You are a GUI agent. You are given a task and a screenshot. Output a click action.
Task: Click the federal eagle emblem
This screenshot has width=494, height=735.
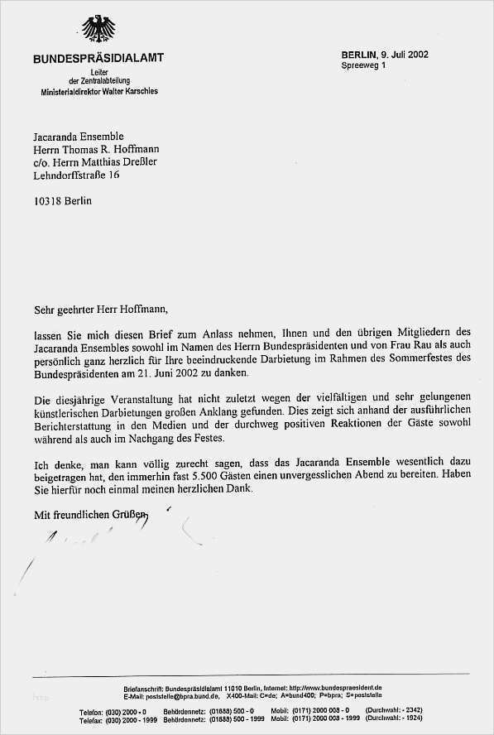click(x=98, y=31)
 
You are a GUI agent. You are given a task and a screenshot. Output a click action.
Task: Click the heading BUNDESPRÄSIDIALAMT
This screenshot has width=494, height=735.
click(x=98, y=58)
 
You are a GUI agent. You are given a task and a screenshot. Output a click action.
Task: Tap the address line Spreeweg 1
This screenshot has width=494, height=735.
click(x=363, y=65)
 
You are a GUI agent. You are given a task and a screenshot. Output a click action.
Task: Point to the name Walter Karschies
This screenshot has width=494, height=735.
click(x=128, y=91)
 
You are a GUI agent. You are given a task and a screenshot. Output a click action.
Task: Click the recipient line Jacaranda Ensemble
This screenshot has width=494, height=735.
click(x=79, y=136)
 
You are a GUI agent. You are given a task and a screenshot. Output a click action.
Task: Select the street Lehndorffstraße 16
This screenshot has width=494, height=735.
click(x=76, y=175)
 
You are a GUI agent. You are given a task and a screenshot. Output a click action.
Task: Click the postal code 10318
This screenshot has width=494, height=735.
click(x=47, y=201)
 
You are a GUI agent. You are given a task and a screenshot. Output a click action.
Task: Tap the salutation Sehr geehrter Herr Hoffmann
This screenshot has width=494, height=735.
click(x=100, y=310)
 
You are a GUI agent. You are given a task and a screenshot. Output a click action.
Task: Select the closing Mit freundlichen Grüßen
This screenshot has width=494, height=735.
click(x=91, y=515)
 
